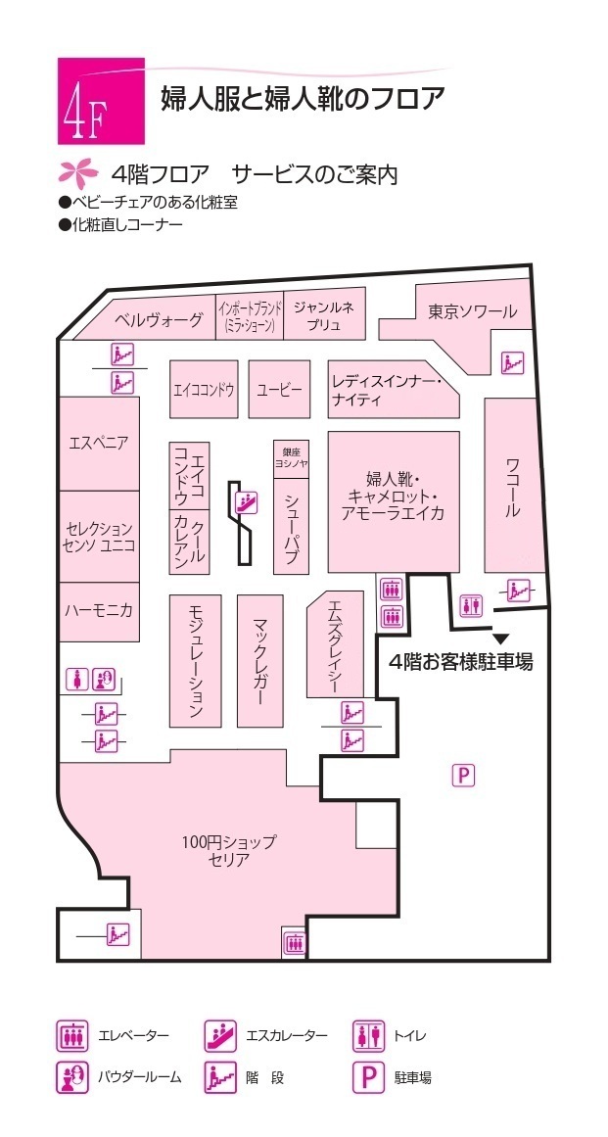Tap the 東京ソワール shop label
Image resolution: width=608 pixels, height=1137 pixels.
[472, 312]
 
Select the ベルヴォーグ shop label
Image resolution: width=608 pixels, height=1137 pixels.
[159, 319]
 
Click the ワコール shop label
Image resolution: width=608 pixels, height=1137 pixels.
[512, 487]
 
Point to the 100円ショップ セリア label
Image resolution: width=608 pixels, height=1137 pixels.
[229, 850]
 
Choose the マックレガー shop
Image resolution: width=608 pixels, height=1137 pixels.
[259, 661]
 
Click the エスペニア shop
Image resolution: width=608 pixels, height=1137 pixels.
[99, 443]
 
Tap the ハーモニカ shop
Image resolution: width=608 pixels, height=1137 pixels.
[99, 609]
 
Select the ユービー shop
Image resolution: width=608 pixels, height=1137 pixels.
[279, 389]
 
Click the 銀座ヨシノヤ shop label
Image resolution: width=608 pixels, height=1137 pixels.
[291, 458]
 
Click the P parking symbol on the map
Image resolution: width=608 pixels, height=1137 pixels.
[463, 776]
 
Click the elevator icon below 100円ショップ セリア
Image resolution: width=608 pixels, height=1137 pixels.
[294, 942]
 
